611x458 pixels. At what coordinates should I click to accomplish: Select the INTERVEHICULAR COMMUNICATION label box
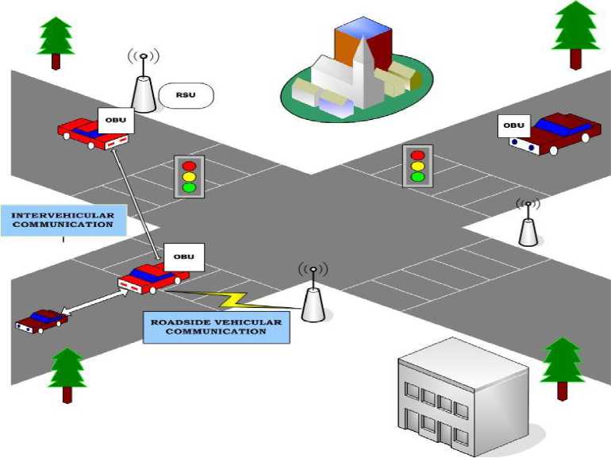pos(63,220)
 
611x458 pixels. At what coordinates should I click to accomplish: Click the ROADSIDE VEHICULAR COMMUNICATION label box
pos(216,326)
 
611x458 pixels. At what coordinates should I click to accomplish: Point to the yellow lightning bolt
pos(228,299)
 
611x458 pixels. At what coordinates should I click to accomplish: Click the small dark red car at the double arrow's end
pos(41,321)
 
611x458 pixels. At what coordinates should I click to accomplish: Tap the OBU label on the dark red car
pos(514,125)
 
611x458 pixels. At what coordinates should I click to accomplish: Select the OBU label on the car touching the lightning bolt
pos(183,256)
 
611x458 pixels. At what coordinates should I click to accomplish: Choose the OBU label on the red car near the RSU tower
pos(115,121)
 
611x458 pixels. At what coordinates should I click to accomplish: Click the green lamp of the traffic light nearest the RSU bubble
pos(189,187)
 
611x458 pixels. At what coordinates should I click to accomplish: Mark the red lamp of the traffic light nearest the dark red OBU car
pos(417,155)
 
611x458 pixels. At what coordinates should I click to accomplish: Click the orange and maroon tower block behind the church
pos(363,44)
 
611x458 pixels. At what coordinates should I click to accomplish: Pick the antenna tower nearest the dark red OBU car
pos(528,226)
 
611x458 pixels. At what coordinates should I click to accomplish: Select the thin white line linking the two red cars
pos(134,198)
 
